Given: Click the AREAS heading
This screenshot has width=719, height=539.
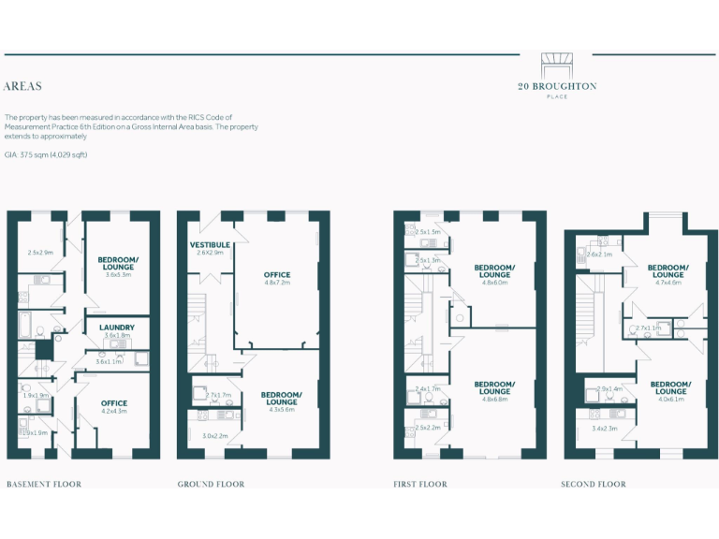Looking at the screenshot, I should (22, 86).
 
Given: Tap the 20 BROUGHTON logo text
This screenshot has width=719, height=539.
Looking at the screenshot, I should (557, 86).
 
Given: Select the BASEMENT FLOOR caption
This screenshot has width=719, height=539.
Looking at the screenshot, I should (44, 484).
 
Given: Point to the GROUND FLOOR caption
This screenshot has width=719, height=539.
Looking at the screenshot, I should (212, 484).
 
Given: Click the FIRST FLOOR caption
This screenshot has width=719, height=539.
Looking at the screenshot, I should (420, 484).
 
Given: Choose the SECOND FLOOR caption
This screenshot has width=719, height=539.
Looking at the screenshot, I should (594, 484).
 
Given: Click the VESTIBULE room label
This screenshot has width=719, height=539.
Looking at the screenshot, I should (211, 245).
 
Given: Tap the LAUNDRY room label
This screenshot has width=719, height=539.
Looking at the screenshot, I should (117, 328).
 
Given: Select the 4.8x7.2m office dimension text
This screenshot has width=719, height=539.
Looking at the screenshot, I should (277, 282).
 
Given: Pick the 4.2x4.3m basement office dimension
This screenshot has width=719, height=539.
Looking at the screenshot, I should (114, 411).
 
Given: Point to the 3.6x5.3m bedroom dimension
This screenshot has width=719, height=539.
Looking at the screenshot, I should (118, 274).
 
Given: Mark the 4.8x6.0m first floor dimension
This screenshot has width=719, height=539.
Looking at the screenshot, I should (493, 282).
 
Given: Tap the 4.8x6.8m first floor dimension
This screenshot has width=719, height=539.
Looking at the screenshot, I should (493, 399).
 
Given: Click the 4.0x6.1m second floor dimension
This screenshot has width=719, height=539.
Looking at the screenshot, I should (670, 399).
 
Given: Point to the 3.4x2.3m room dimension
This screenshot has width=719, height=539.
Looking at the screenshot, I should (606, 429).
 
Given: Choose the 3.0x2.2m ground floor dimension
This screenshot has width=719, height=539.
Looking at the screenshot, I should (215, 435).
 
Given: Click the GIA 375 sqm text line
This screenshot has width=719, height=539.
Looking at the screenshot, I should (47, 153).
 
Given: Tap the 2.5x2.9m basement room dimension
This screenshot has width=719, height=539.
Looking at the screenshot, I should (40, 253).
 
